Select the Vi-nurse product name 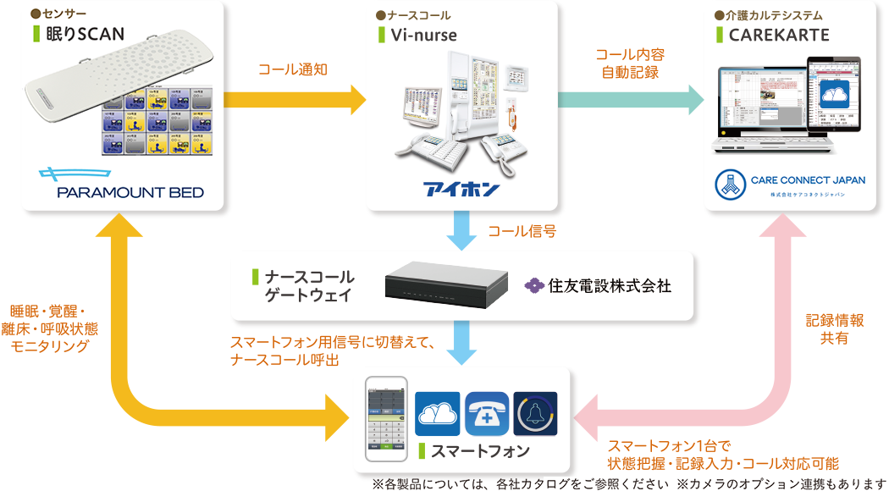click(x=422, y=35)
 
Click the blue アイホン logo click(x=461, y=188)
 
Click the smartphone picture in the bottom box click(x=387, y=419)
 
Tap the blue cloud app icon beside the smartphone click(x=438, y=414)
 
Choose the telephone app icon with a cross click(x=487, y=414)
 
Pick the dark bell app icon click(x=535, y=414)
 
